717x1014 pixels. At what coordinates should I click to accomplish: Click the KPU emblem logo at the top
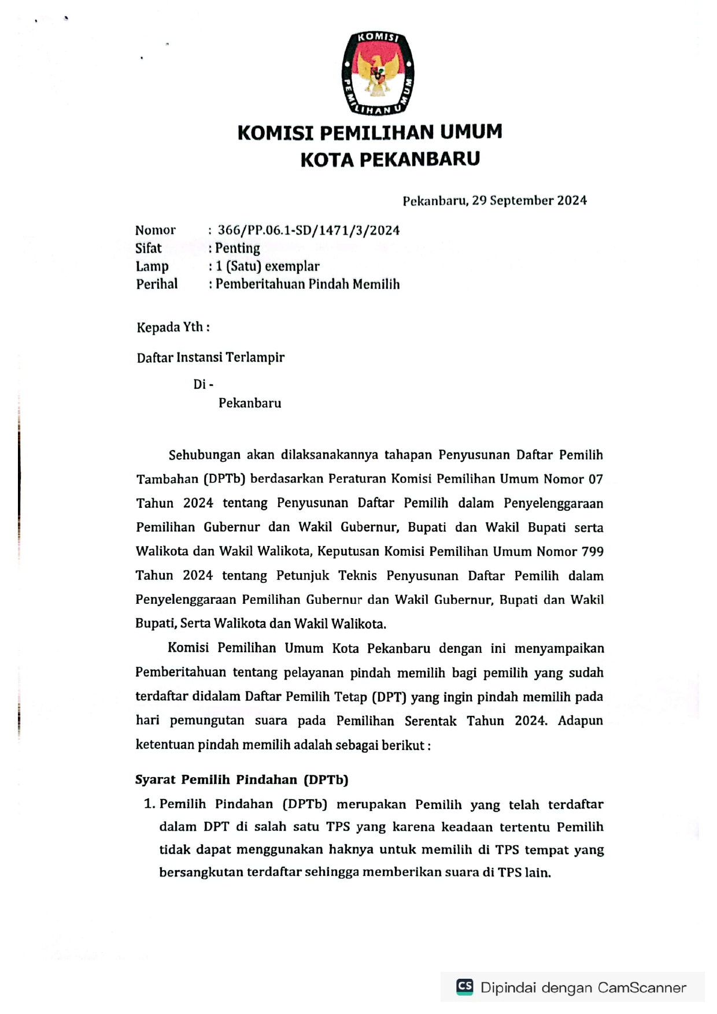tap(378, 73)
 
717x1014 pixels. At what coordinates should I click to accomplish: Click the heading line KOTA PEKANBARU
tap(390, 159)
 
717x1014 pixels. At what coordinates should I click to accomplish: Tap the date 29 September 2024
tap(529, 200)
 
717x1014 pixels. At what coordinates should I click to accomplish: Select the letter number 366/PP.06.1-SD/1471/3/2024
tap(308, 230)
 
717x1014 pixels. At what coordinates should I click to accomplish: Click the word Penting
tap(238, 248)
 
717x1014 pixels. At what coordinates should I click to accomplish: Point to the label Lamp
tap(152, 266)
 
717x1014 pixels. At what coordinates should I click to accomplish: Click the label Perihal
tap(157, 284)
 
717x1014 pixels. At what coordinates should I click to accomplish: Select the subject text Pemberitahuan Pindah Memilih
tap(308, 284)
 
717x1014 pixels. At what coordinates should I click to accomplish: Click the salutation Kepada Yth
tap(173, 328)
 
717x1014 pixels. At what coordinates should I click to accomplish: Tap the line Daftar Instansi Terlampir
tap(210, 358)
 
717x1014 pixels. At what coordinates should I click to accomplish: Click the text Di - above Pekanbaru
tap(203, 384)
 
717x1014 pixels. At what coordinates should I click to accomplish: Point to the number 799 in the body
tap(592, 552)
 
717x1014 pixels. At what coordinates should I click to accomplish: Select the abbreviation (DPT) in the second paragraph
tap(389, 697)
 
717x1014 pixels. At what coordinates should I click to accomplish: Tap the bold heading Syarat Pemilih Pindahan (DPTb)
tap(242, 780)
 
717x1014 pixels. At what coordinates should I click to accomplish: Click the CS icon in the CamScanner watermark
tap(465, 987)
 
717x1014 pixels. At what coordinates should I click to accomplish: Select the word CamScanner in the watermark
tap(642, 987)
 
